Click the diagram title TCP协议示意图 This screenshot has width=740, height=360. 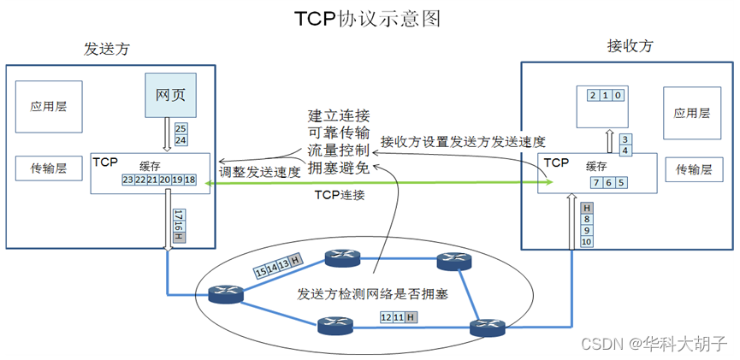(370, 18)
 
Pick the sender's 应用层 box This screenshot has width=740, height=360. (49, 107)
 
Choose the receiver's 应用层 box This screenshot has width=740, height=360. (692, 112)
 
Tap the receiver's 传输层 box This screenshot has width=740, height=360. (694, 169)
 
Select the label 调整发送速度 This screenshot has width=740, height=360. (260, 171)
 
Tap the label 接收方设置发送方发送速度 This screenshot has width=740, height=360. (463, 141)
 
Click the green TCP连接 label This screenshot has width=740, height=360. (340, 195)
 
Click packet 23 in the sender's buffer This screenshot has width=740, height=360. (128, 180)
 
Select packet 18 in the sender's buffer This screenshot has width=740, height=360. (190, 180)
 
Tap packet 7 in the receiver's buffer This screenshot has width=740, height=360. (595, 182)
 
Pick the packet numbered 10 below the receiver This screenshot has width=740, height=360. (587, 242)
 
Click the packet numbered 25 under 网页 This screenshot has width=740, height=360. (181, 128)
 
